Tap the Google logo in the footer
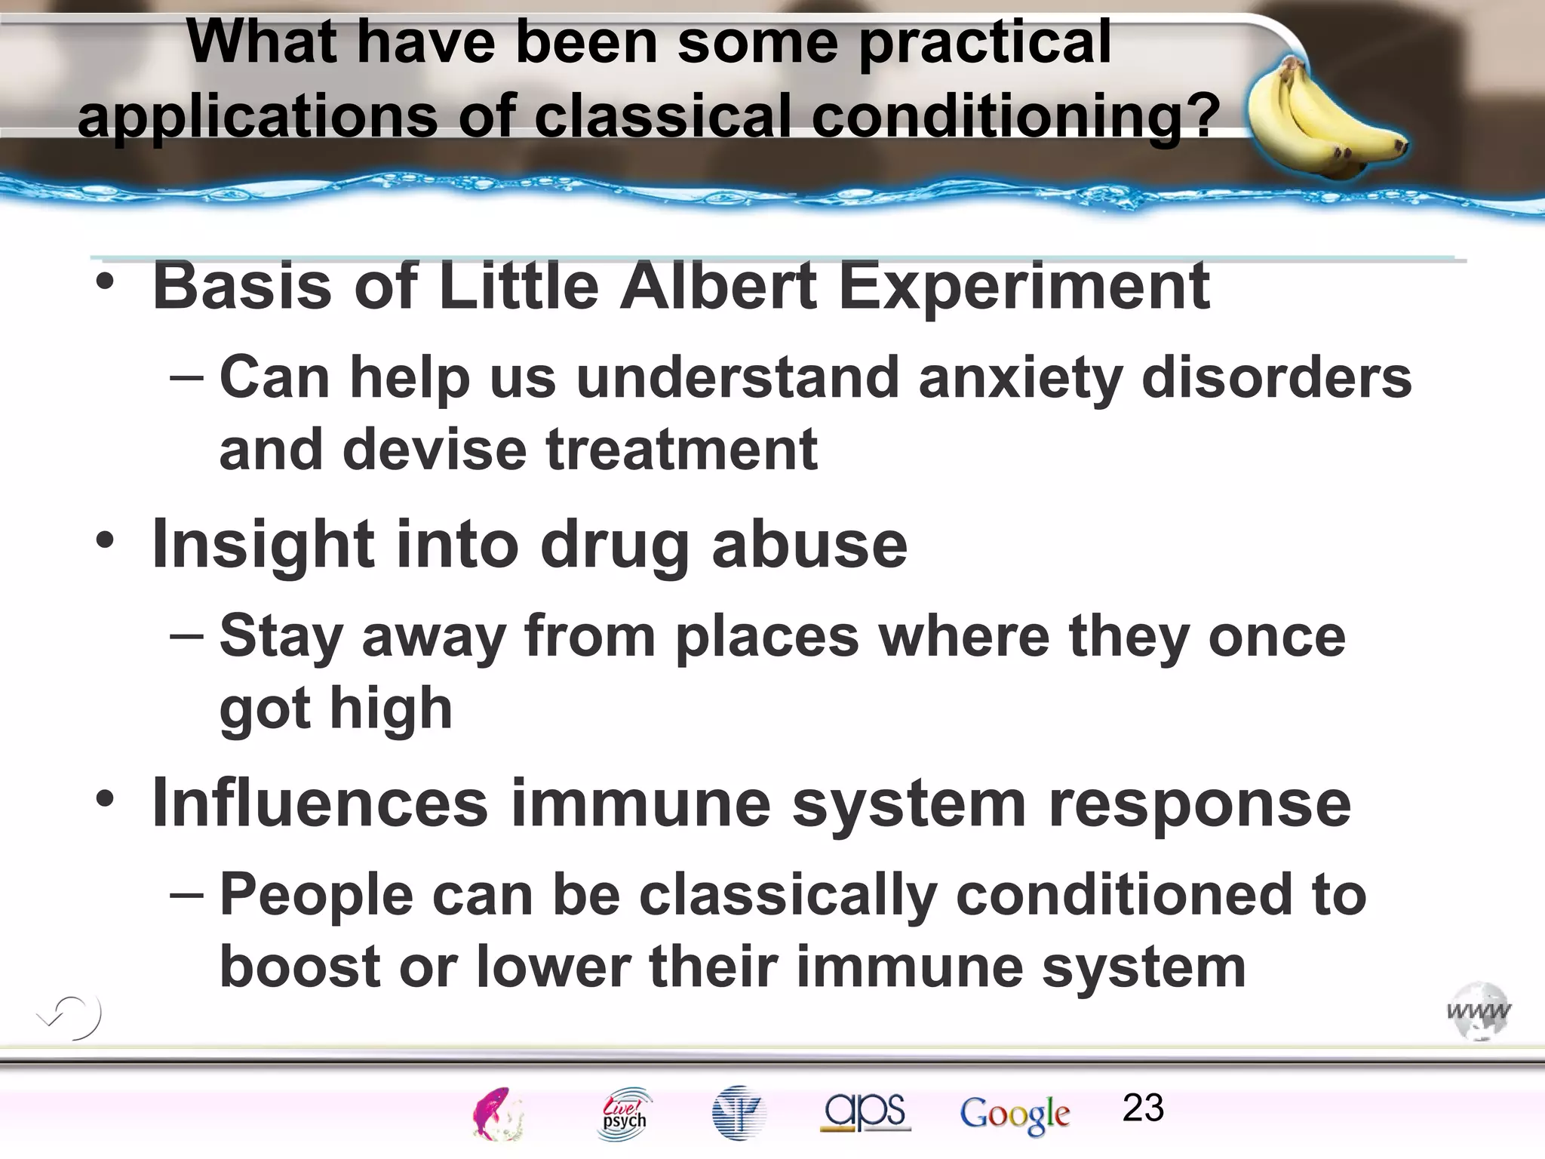click(1015, 1114)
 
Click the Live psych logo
click(625, 1114)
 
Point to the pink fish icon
click(496, 1114)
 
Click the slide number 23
click(1142, 1108)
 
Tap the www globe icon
click(1479, 1011)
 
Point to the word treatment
click(681, 450)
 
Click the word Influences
click(321, 804)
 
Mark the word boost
click(300, 967)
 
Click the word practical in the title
click(984, 44)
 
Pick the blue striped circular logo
click(739, 1113)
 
